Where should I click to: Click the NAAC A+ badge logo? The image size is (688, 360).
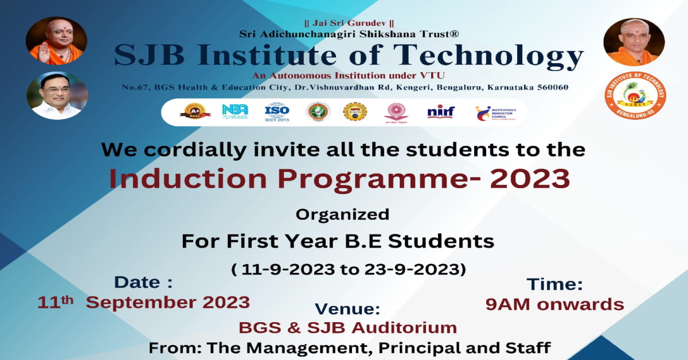[194, 111]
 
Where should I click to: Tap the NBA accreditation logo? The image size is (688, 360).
[234, 111]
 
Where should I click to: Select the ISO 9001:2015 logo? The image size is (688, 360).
[277, 111]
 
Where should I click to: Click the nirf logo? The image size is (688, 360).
[440, 112]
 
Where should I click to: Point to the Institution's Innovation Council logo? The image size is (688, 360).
[495, 112]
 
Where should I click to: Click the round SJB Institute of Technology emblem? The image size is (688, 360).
[634, 97]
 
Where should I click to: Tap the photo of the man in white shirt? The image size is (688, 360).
[57, 96]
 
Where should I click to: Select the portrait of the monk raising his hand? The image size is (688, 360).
[56, 41]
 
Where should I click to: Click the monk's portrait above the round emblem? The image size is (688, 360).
[634, 42]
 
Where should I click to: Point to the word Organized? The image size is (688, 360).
[342, 214]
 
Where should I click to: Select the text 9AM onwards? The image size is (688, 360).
[554, 304]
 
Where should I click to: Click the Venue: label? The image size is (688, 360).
[347, 309]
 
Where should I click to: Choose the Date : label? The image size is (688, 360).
[143, 282]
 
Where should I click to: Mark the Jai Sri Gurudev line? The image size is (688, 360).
[349, 24]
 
